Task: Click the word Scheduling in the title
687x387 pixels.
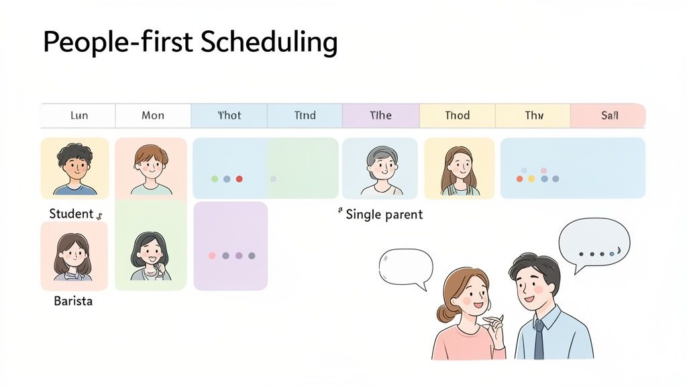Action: pyautogui.click(x=270, y=42)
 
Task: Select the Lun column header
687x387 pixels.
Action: pyautogui.click(x=79, y=116)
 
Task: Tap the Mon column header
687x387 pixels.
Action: pyautogui.click(x=153, y=116)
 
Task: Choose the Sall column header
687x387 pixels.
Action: pyautogui.click(x=609, y=116)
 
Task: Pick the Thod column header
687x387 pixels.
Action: pyautogui.click(x=458, y=116)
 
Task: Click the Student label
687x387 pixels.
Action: pyautogui.click(x=71, y=214)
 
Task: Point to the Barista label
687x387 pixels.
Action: pyautogui.click(x=73, y=301)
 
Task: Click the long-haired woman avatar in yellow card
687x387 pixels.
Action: pyautogui.click(x=459, y=169)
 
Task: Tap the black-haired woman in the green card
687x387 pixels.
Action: pyautogui.click(x=150, y=255)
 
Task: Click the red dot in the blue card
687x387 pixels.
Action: pyautogui.click(x=240, y=179)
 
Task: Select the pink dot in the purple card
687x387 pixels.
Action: pyautogui.click(x=212, y=256)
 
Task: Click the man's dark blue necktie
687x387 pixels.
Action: pyautogui.click(x=539, y=339)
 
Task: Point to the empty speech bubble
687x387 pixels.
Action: pyautogui.click(x=405, y=266)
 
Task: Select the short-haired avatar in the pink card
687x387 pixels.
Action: pyautogui.click(x=150, y=168)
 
